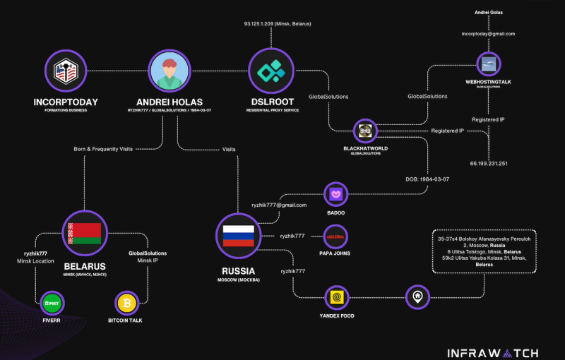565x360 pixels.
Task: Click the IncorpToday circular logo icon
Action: pyautogui.click(x=69, y=71)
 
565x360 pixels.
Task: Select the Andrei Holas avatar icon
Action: pyautogui.click(x=169, y=71)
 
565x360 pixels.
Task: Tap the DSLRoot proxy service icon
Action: pyautogui.click(x=270, y=71)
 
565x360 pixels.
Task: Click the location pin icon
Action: pyautogui.click(x=417, y=297)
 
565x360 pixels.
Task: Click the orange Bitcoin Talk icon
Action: pyautogui.click(x=129, y=304)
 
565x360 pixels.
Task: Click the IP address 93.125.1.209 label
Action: pyautogui.click(x=278, y=24)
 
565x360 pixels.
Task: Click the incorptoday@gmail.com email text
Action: pyautogui.click(x=489, y=34)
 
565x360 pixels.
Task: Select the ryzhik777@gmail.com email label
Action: pyautogui.click(x=278, y=205)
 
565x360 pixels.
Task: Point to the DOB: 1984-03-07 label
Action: pyautogui.click(x=427, y=179)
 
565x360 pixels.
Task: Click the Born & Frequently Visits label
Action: pyautogui.click(x=105, y=148)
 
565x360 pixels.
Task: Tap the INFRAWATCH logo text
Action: pyautogui.click(x=493, y=352)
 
